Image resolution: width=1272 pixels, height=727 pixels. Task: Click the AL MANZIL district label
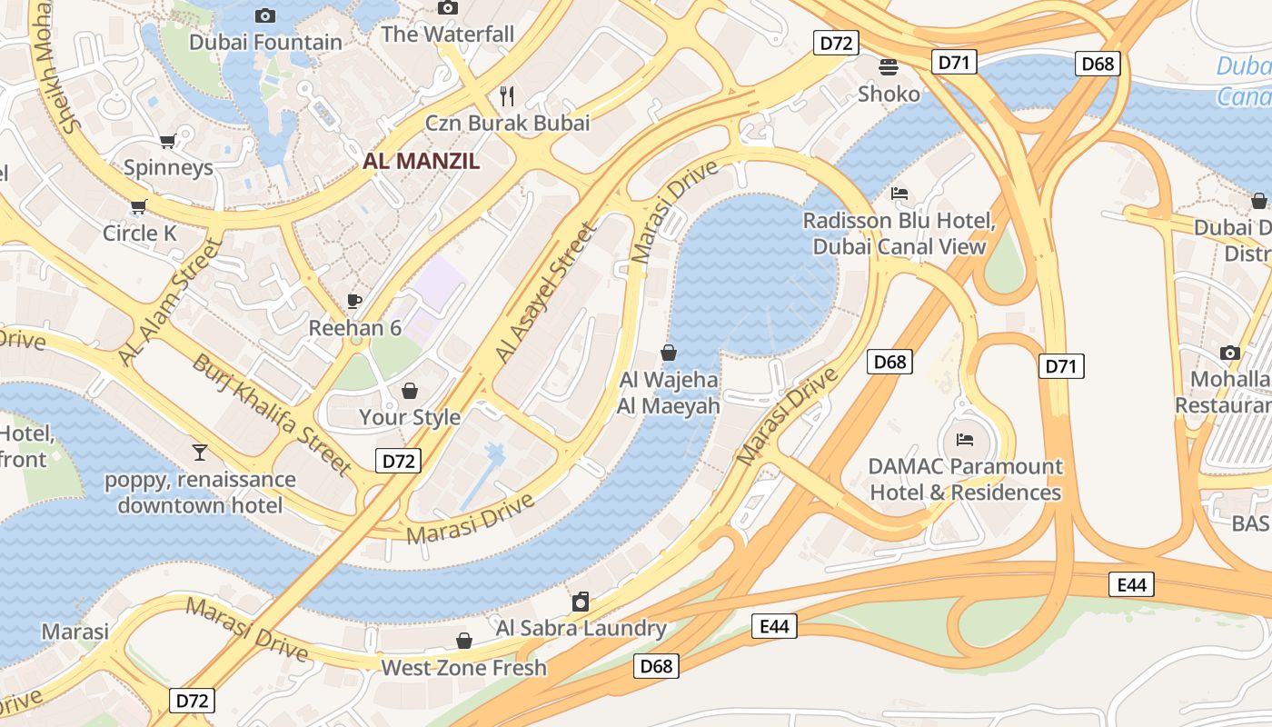[x=422, y=162]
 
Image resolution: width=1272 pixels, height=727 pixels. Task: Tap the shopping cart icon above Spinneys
[x=167, y=141]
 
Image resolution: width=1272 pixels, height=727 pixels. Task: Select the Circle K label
[x=139, y=234]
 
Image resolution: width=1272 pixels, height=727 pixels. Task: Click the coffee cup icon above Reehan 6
[x=354, y=301]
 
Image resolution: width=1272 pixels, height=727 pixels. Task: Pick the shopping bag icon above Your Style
[x=410, y=391]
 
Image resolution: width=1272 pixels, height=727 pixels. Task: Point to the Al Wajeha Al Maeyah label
[x=669, y=393]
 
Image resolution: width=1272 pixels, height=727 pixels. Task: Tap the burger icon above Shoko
[x=889, y=66]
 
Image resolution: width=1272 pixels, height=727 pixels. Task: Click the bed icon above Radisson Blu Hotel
[x=899, y=193]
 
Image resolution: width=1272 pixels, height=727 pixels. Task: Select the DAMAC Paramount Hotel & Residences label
[x=965, y=479]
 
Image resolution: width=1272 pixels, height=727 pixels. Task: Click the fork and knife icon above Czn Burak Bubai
[x=508, y=95]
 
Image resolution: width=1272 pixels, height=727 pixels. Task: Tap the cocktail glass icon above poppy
[x=200, y=452]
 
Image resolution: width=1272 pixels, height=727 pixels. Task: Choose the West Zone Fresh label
[x=463, y=668]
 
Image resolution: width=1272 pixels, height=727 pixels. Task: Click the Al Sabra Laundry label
[x=581, y=628]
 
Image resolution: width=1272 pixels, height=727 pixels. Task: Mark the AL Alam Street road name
[x=170, y=302]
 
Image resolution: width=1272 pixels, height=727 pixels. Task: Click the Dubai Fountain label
[x=265, y=42]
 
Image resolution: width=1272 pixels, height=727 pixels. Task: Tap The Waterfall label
[x=447, y=35]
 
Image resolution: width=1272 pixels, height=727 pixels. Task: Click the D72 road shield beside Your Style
[x=398, y=461]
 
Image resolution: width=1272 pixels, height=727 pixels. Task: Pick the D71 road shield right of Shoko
[x=954, y=62]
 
